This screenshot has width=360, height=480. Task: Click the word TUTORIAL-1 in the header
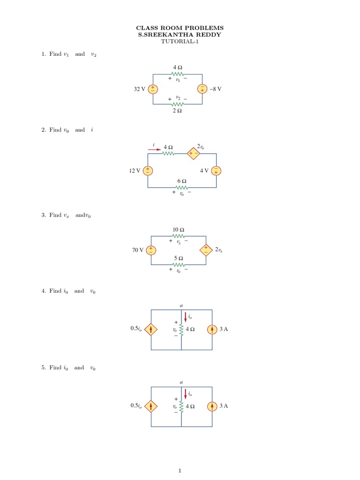coord(180,41)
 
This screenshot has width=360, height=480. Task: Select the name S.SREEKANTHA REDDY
coord(180,35)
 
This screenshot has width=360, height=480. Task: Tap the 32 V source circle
coord(153,89)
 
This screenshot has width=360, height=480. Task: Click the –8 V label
coord(214,89)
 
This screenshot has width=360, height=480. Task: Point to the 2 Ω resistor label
coord(177,111)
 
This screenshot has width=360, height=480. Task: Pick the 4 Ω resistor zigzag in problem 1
coord(177,74)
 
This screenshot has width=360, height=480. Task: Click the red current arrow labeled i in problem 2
coord(154,150)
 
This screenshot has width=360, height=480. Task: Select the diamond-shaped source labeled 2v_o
coord(193,153)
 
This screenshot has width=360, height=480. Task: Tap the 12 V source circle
coord(148,171)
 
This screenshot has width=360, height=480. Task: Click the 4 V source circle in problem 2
coord(216,171)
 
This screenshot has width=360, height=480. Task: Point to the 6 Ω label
coord(181,181)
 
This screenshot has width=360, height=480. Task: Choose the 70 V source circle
coord(151,250)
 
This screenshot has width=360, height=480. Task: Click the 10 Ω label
coord(178,230)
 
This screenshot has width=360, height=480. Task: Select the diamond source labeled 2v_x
coord(206,250)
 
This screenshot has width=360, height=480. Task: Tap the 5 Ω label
coord(178,258)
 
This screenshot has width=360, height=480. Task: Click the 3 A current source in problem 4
coord(212,330)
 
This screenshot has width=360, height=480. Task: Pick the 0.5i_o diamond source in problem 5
coord(151,406)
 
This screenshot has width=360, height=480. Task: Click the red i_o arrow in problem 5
coord(186,393)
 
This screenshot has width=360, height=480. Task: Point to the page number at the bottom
coord(180,471)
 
